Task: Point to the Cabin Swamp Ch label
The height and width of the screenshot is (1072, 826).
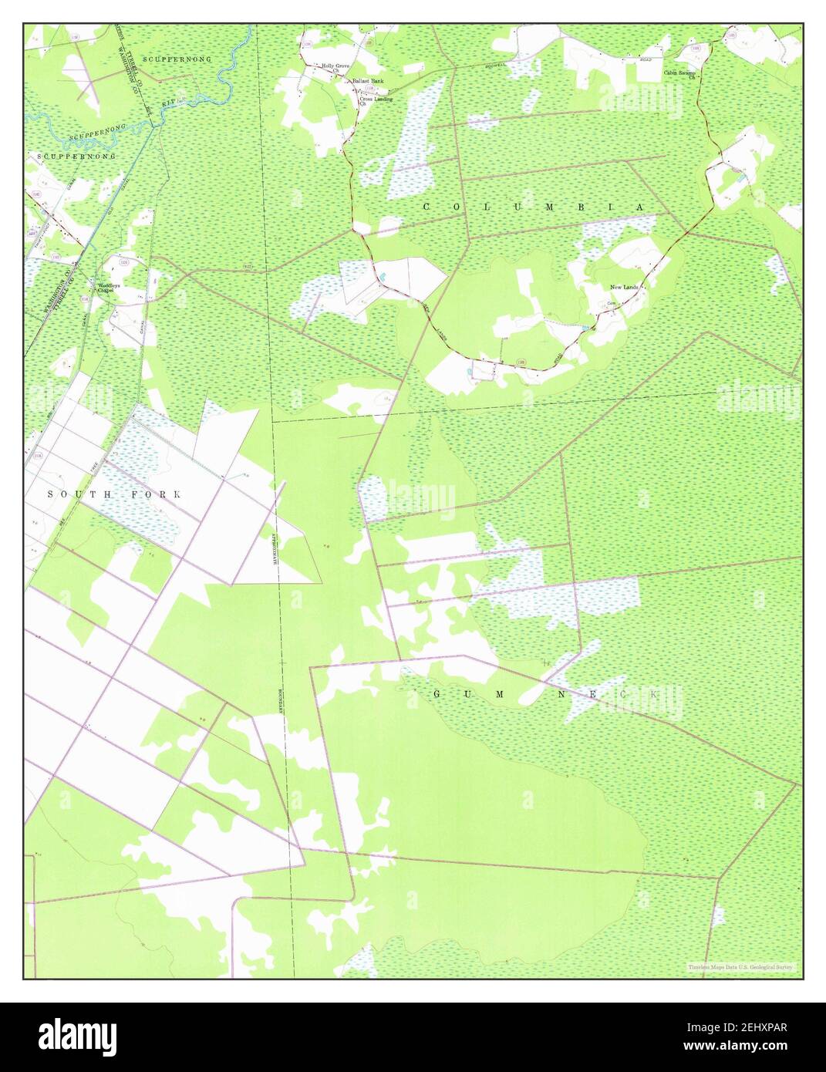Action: click(x=681, y=75)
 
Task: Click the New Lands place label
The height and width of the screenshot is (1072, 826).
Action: click(x=623, y=288)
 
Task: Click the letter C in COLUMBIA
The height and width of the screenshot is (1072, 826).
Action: click(x=426, y=207)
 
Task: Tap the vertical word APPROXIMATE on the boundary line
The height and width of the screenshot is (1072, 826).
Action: click(x=274, y=549)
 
